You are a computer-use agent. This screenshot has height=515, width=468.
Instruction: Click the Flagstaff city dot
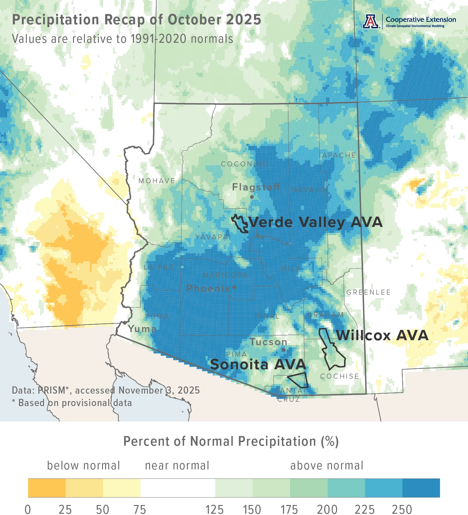click(x=252, y=197)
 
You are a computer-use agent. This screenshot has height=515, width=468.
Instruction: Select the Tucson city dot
click(x=283, y=350)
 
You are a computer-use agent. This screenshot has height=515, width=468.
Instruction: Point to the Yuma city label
click(x=142, y=329)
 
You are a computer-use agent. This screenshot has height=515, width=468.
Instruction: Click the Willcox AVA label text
click(x=382, y=336)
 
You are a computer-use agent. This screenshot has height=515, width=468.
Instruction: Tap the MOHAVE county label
click(x=157, y=181)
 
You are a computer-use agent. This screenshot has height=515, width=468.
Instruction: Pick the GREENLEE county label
click(x=368, y=292)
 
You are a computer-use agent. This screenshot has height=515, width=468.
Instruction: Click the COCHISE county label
click(x=339, y=376)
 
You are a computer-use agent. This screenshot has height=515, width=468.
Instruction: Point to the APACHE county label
click(x=339, y=155)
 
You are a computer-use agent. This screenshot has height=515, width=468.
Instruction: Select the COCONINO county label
click(x=245, y=164)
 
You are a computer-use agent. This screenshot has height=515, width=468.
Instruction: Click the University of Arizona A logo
click(x=371, y=22)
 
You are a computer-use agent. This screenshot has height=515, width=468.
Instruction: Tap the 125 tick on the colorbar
click(x=215, y=509)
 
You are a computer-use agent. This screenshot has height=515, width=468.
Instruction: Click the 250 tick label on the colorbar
click(x=402, y=509)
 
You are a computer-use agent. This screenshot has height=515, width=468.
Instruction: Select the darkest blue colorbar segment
click(x=421, y=488)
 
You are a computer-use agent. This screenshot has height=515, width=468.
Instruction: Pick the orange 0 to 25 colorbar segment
click(x=47, y=488)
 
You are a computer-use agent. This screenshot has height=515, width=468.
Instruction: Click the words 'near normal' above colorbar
click(x=177, y=466)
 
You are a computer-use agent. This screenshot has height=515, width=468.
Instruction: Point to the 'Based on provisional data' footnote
click(x=75, y=403)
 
